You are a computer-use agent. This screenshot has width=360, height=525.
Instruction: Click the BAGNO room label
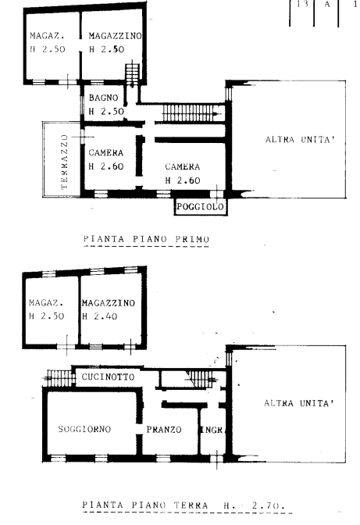click(x=103, y=98)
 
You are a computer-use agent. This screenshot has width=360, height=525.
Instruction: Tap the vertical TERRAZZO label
click(x=64, y=162)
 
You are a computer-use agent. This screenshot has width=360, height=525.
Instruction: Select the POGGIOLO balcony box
click(x=201, y=206)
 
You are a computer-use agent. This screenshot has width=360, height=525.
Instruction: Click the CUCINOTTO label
click(x=108, y=377)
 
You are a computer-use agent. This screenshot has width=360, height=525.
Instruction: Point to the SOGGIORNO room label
click(x=84, y=429)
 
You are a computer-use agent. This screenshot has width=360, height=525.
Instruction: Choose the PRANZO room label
click(x=164, y=429)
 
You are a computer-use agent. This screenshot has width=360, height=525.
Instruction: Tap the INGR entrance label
click(x=212, y=430)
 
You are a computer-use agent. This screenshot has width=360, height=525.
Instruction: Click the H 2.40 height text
click(x=100, y=316)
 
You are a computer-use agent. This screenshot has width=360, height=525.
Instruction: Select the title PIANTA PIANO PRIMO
click(x=146, y=239)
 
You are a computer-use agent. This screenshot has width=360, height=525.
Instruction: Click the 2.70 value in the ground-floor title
click(x=268, y=505)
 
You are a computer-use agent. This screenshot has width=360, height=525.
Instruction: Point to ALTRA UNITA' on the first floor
click(x=300, y=139)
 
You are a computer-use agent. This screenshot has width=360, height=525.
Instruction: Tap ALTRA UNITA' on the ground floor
click(x=299, y=403)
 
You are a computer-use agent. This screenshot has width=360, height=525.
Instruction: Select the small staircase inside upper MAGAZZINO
click(x=132, y=73)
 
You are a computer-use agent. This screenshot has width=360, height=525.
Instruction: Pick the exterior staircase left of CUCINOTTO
click(x=59, y=378)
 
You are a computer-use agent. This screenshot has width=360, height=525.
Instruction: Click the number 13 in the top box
click(x=302, y=4)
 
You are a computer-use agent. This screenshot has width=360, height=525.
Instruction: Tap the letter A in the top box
click(x=327, y=5)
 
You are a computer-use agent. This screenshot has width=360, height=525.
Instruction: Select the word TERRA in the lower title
click(x=191, y=505)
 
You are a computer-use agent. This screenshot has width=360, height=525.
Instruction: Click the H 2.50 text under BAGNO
click(x=106, y=112)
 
